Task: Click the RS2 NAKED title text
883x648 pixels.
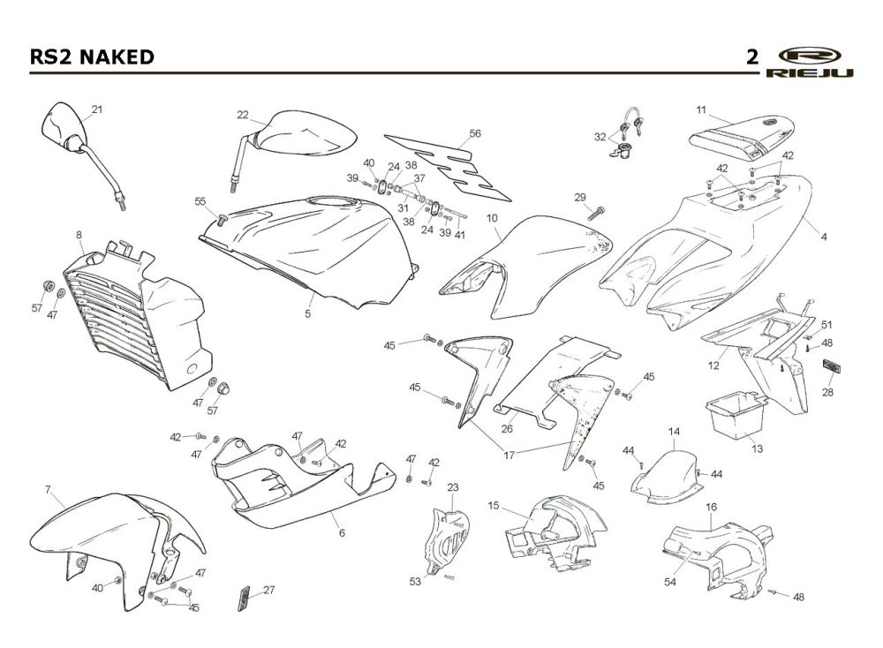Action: pyautogui.click(x=92, y=57)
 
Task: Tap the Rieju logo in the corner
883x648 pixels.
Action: pyautogui.click(x=809, y=62)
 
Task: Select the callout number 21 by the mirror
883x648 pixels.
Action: pyautogui.click(x=97, y=109)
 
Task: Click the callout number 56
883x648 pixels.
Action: pyautogui.click(x=475, y=133)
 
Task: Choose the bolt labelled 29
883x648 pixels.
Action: pyautogui.click(x=596, y=214)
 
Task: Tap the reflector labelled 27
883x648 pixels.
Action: pyautogui.click(x=244, y=599)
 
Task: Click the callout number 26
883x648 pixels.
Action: pyautogui.click(x=507, y=428)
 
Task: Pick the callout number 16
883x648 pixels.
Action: pyautogui.click(x=711, y=508)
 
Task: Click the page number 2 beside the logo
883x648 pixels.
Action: pyautogui.click(x=752, y=57)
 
